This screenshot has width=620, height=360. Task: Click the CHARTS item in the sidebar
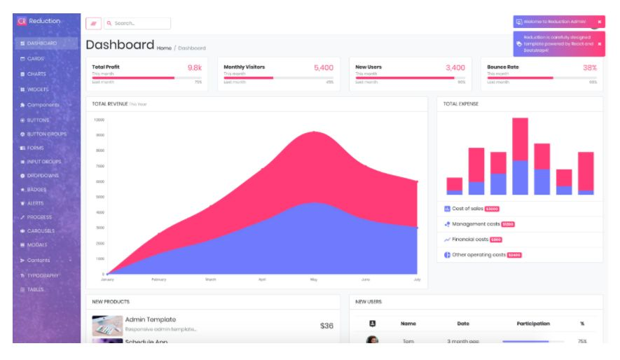pyautogui.click(x=36, y=74)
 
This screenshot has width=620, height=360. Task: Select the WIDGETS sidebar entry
pyautogui.click(x=37, y=90)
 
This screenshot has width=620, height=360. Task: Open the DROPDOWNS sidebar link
pyautogui.click(x=42, y=175)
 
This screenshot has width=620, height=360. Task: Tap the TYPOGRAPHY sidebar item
pyautogui.click(x=43, y=275)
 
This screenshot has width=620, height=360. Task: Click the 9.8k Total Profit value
pyautogui.click(x=194, y=68)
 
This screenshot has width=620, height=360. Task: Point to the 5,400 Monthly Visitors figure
pyautogui.click(x=323, y=68)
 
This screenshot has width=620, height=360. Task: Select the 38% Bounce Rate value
pyautogui.click(x=589, y=68)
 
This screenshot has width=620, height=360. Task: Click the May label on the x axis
pyautogui.click(x=314, y=279)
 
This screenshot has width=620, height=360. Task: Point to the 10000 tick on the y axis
pyautogui.click(x=99, y=120)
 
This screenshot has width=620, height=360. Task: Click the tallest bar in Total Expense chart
pyautogui.click(x=520, y=155)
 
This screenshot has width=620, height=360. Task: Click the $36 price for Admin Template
pyautogui.click(x=326, y=326)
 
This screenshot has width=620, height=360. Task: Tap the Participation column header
pyautogui.click(x=532, y=324)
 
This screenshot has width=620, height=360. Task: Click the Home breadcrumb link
pyautogui.click(x=164, y=48)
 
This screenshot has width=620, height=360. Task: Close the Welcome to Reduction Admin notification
pyautogui.click(x=599, y=22)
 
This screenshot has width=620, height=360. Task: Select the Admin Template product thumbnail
pyautogui.click(x=107, y=326)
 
